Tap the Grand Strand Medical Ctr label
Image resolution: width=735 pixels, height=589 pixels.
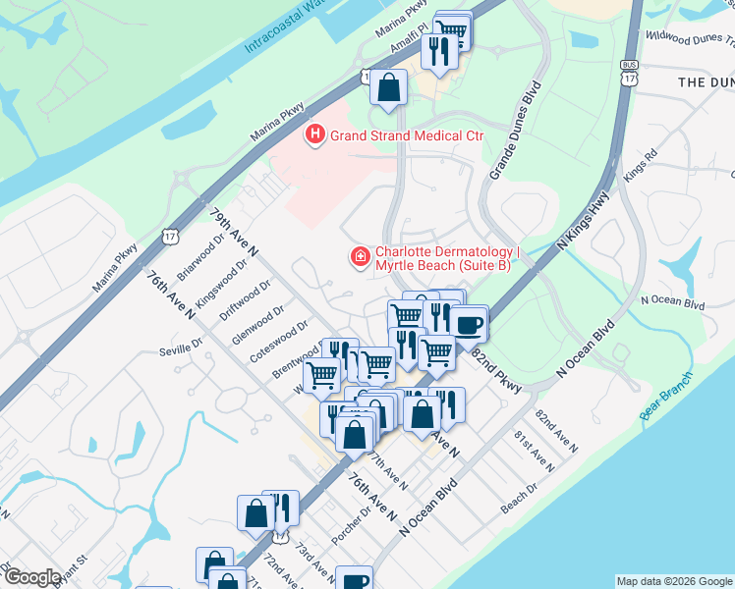pyautogui.click(x=407, y=134)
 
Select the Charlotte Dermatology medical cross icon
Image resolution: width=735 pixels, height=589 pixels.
pyautogui.click(x=361, y=257)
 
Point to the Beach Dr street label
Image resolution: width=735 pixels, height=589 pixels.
pyautogui.click(x=519, y=499)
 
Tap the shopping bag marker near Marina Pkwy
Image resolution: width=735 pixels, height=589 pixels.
pyautogui.click(x=389, y=86)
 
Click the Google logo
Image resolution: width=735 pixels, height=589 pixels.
pyautogui.click(x=31, y=577)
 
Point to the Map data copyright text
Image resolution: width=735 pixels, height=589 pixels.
pyautogui.click(x=673, y=581)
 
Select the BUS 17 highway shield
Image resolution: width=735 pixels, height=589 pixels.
pyautogui.click(x=629, y=71)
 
